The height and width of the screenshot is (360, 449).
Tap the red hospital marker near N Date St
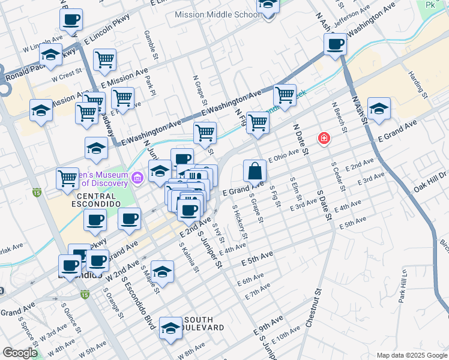324,139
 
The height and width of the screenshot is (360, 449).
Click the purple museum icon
137,178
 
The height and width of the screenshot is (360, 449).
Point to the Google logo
20,352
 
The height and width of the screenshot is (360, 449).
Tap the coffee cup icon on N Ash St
335,44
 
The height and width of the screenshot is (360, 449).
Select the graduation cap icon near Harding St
379,109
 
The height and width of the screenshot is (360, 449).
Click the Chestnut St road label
314,307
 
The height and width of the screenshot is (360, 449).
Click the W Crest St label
66,77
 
